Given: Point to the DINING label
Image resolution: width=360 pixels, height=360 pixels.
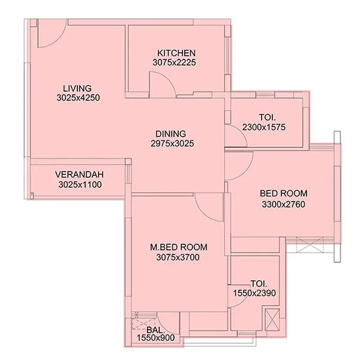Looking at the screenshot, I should point(171,133).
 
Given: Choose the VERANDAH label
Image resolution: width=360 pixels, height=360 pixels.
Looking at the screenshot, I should point(79,175).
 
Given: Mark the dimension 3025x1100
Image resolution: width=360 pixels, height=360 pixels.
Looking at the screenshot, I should point(79,184).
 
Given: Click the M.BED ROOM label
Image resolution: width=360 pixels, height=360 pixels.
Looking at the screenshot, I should point(178,247).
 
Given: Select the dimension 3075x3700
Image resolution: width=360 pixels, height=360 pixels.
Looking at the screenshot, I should point(178,257).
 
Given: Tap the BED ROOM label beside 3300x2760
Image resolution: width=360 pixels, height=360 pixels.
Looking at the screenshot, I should point(283,193).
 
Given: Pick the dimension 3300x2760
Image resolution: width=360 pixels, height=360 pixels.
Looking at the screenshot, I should point(283,204).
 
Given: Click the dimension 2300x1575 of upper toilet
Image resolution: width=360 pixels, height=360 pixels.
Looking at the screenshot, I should point(263,127).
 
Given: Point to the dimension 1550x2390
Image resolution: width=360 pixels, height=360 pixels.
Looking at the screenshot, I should point(254,292).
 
